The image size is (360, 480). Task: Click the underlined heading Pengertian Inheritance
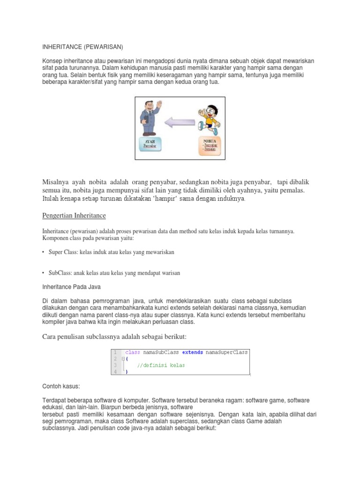(75, 216)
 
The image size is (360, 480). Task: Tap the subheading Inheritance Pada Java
(71, 286)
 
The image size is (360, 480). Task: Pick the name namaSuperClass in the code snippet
(227, 352)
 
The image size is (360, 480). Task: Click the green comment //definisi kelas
(161, 365)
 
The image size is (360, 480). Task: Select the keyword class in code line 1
(133, 352)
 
